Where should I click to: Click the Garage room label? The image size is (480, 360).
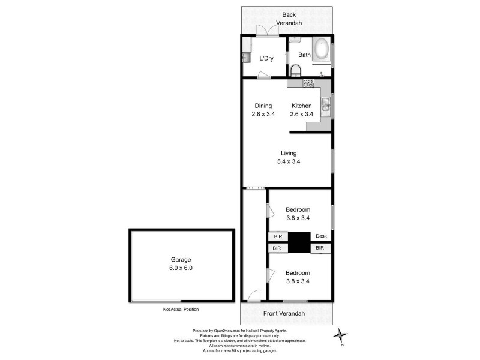point(181,260)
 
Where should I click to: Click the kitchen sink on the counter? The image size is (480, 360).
point(325,106)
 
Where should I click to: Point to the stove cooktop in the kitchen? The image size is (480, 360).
point(308,83)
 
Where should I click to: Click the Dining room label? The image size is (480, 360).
point(263,106)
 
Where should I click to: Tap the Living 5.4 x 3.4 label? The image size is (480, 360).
point(288,157)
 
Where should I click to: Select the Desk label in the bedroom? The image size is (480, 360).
point(321,236)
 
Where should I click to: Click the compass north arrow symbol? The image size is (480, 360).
point(341,335)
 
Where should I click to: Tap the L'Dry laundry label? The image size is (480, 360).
point(267,59)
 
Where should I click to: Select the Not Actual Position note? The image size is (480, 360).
point(181,310)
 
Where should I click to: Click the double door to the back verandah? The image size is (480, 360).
point(265,31)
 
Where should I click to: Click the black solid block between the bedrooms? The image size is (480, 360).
point(299,242)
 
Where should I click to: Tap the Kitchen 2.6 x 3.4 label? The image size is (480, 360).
point(301,110)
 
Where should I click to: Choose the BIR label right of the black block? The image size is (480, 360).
point(320,247)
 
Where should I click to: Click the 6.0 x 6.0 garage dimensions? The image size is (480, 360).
point(181,268)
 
